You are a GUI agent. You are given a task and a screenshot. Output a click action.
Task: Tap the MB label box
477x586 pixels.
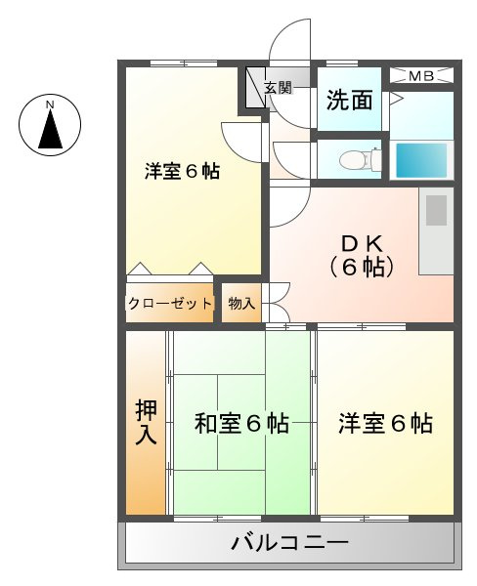[x=422, y=75]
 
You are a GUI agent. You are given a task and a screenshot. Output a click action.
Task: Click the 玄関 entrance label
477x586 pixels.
[x=278, y=88]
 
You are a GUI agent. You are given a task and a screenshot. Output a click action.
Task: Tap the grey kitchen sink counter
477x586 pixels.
[x=435, y=233]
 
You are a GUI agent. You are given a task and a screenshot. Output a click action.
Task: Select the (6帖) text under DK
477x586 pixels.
[x=361, y=266]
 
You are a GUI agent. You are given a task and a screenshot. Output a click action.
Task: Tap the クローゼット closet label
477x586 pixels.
[x=169, y=304]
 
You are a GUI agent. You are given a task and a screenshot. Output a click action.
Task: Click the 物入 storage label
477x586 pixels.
[x=240, y=304]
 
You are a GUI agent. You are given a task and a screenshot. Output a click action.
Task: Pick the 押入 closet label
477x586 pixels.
[x=146, y=423]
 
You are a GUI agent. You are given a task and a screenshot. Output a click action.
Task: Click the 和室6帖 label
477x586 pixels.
[x=240, y=424]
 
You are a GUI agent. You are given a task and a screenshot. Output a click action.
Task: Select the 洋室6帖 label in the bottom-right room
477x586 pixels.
[x=385, y=424]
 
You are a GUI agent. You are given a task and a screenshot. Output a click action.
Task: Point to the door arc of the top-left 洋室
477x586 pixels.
[x=240, y=137]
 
